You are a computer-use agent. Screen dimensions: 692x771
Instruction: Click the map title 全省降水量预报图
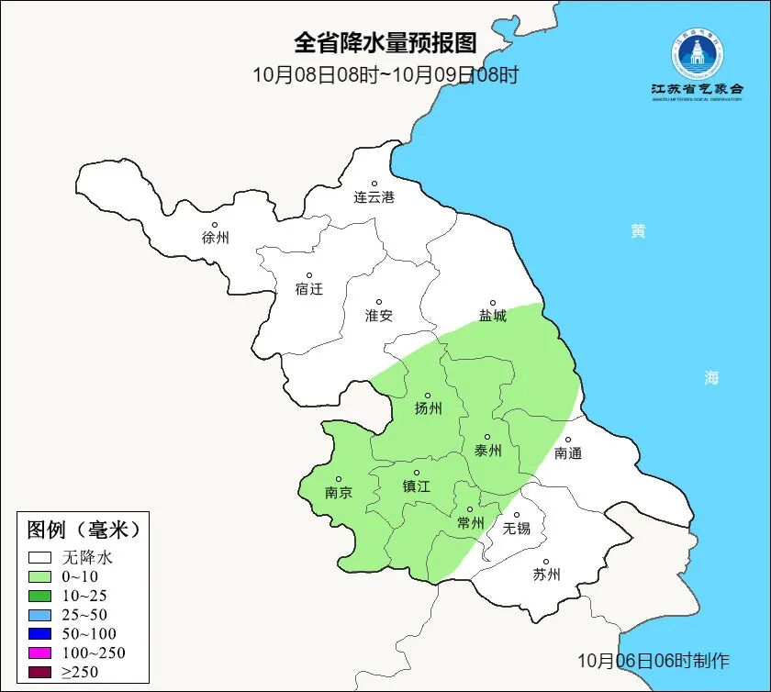click(x=385, y=43)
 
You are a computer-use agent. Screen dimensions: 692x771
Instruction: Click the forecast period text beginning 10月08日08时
click(x=385, y=74)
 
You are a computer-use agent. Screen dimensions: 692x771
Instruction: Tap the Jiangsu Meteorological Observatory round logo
click(x=696, y=54)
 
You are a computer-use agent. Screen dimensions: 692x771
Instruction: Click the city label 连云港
click(x=374, y=197)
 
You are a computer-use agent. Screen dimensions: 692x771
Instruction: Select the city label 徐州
click(x=215, y=238)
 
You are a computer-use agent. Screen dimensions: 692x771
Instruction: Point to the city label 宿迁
click(x=308, y=289)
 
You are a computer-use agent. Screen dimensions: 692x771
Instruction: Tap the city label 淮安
click(x=378, y=316)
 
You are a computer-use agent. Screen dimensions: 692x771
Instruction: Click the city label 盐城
click(x=492, y=316)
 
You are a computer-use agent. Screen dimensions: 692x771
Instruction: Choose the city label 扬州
click(x=428, y=409)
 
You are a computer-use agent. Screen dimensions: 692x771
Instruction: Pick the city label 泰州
click(x=487, y=451)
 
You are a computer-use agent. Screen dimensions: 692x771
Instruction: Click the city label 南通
click(x=568, y=453)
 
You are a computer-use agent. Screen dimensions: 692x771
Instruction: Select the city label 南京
click(x=339, y=492)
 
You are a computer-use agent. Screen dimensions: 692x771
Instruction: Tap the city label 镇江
click(x=417, y=487)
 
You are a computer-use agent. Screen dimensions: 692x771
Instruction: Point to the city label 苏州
click(x=546, y=575)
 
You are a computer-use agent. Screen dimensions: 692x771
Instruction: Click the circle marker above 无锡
click(x=516, y=515)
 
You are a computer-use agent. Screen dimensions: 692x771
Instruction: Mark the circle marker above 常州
click(x=470, y=509)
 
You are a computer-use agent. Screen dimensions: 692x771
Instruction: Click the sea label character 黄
click(x=637, y=231)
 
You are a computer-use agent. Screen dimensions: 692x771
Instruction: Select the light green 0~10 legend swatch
click(x=39, y=576)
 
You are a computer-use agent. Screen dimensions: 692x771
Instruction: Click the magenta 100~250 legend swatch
click(x=39, y=653)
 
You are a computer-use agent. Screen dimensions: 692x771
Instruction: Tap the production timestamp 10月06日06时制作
click(x=653, y=661)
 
